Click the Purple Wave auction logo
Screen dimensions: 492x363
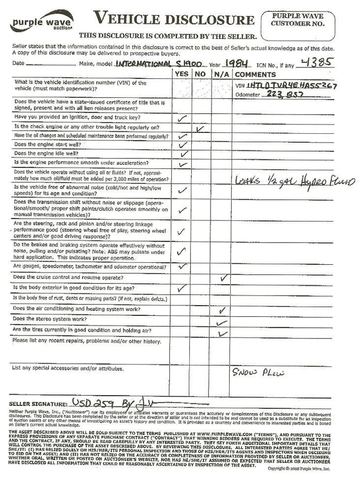pyautogui.click(x=42, y=22)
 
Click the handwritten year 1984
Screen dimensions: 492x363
pyautogui.click(x=234, y=63)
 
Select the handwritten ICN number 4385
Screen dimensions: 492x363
pyautogui.click(x=317, y=62)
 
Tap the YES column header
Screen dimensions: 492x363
pyautogui.click(x=181, y=74)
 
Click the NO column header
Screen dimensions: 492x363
pyautogui.click(x=200, y=74)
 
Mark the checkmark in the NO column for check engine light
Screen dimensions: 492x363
pyautogui.click(x=200, y=128)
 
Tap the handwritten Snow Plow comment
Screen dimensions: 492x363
pyautogui.click(x=258, y=372)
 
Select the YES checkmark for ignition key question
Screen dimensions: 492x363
pyautogui.click(x=182, y=119)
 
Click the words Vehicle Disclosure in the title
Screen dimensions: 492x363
pyautogui.click(x=174, y=20)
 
